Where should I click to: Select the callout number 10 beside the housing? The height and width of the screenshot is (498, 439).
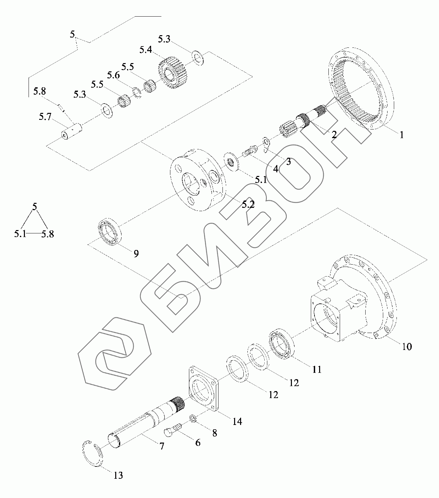[x=407, y=347]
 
